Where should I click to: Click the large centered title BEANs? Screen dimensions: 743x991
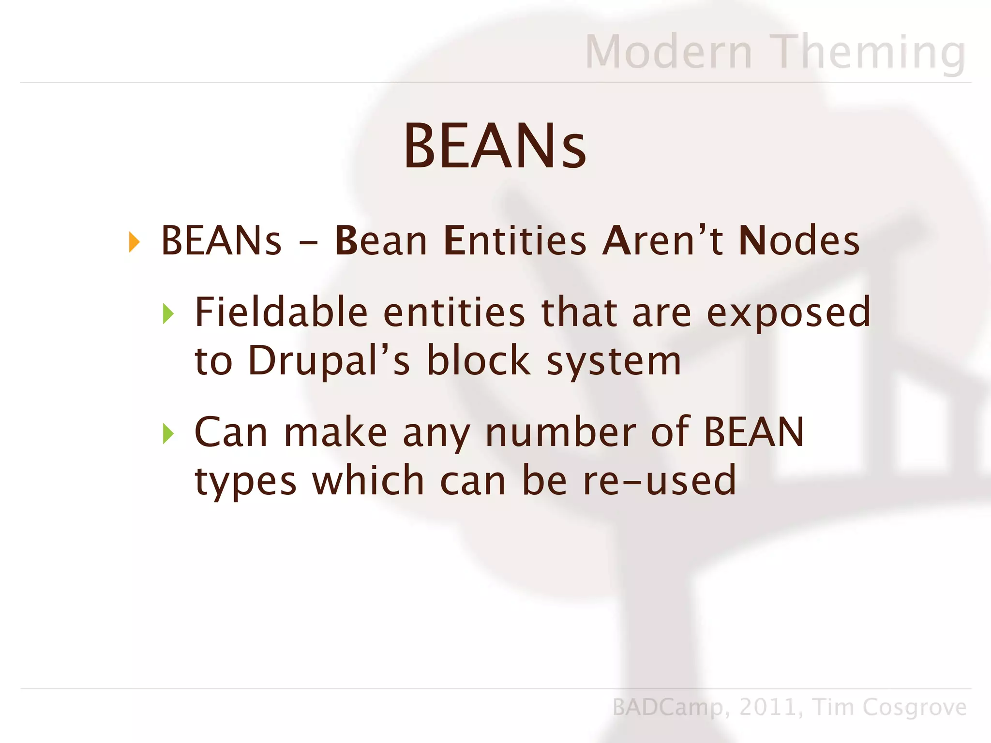point(495,146)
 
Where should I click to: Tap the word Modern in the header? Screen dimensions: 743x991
point(669,52)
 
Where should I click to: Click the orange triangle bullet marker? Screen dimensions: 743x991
point(134,242)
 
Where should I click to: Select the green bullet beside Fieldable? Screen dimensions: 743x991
point(168,314)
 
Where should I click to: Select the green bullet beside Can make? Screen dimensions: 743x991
point(168,433)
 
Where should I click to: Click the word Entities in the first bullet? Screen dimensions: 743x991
point(514,241)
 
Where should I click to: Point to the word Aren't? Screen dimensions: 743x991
point(662,241)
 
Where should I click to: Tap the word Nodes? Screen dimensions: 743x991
point(799,241)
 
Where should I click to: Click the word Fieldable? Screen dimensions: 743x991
point(281,312)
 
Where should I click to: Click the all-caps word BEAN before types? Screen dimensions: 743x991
point(753,432)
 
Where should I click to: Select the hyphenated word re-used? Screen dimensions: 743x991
point(659,481)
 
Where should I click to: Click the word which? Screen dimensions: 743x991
point(368,481)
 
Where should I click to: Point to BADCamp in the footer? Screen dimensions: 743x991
point(668,708)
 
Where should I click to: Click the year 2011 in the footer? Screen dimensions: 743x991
point(768,708)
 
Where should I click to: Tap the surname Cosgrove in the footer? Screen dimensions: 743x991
point(914,708)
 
